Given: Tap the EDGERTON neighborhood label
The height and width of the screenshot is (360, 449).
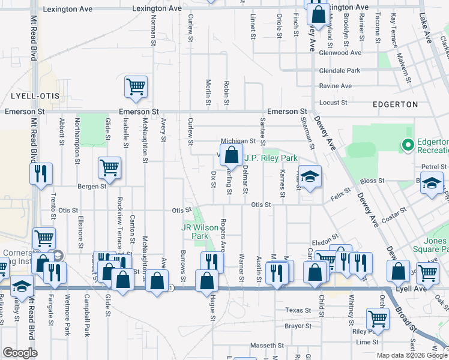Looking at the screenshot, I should (x=397, y=104).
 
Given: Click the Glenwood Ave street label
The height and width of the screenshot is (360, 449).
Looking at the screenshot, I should (x=340, y=53).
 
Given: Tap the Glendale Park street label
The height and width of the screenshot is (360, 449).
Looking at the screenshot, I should (x=340, y=70).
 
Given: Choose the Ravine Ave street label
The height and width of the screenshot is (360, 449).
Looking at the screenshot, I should (x=336, y=86).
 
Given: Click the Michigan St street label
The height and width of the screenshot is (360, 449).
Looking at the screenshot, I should (x=238, y=142).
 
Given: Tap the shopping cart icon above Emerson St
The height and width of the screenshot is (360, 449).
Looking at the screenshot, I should (x=136, y=86).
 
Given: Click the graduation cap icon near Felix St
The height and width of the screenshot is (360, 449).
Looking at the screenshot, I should (x=310, y=176).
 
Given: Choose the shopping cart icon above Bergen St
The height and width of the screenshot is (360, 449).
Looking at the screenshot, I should (x=110, y=168).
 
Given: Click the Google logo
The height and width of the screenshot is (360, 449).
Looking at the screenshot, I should (x=20, y=353).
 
